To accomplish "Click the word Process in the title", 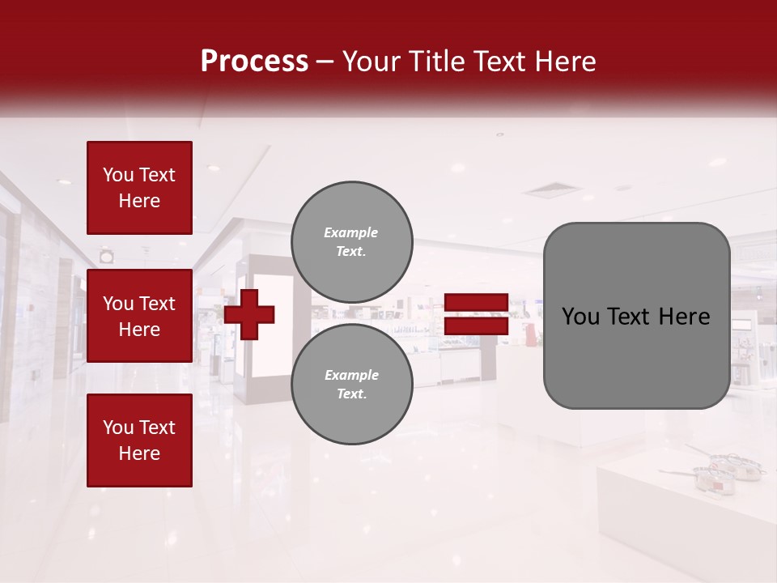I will tap(254, 62).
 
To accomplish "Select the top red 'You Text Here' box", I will tap(139, 188).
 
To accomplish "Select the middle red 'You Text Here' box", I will tap(139, 316).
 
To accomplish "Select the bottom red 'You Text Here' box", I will tap(139, 440).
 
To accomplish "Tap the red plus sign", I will tap(249, 314).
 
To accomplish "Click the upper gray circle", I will tap(352, 242).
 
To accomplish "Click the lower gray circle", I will tap(352, 385).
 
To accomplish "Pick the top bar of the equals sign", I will tap(476, 302).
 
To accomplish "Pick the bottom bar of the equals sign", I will tap(476, 326).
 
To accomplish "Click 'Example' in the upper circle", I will tap(350, 232).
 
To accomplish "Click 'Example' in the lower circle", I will tap(351, 375).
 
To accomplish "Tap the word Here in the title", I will tap(566, 62).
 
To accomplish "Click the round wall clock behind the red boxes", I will tap(107, 257).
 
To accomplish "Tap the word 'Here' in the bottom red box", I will tap(139, 453).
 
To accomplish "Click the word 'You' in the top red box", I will tap(118, 175).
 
